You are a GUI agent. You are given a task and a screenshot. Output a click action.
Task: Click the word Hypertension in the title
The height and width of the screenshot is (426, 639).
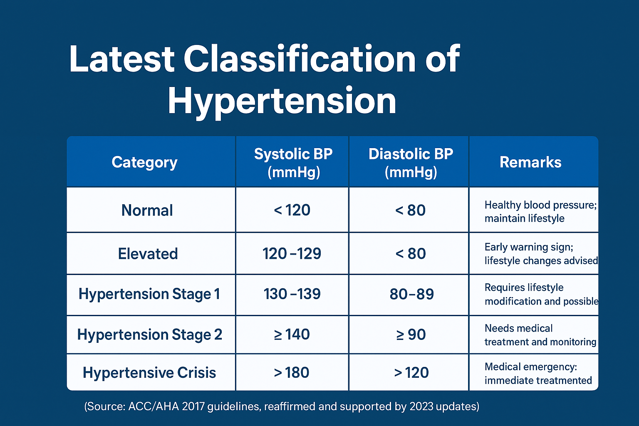point(282,101)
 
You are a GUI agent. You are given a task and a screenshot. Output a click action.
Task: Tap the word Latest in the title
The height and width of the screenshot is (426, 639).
point(121,59)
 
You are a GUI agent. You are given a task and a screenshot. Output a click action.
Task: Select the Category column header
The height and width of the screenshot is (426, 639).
point(144,162)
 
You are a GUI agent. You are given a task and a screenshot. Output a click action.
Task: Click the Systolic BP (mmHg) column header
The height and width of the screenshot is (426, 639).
point(293,163)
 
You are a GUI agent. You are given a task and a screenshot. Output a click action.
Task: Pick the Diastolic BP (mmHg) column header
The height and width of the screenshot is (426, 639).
point(411,163)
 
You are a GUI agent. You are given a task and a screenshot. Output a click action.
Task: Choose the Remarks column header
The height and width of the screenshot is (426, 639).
point(530,162)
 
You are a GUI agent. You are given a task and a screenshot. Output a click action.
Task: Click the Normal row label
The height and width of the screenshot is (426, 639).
point(147,211)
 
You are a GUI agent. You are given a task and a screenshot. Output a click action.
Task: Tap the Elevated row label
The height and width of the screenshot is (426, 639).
point(148,254)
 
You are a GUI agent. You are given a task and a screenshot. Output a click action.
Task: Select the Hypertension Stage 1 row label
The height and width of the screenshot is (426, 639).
point(149,294)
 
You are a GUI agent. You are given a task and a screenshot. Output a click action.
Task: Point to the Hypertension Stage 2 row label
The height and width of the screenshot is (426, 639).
point(149,334)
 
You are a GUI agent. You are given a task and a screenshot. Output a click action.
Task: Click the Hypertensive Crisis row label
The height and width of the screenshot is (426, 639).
point(149,373)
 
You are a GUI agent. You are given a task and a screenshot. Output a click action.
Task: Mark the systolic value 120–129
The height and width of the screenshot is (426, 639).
point(292,254)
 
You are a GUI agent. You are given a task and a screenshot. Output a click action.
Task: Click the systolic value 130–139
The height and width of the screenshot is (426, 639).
point(292,294)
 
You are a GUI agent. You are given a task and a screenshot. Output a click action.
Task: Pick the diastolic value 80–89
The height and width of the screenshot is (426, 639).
point(411,294)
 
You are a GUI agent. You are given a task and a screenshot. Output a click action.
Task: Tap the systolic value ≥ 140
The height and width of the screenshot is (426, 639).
point(292,334)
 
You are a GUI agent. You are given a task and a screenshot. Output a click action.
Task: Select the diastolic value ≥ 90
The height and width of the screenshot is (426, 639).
point(411,334)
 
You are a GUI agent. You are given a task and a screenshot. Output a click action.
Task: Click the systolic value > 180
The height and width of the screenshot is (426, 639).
point(291,373)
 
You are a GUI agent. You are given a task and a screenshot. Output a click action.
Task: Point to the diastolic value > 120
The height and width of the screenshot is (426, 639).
point(411,373)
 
